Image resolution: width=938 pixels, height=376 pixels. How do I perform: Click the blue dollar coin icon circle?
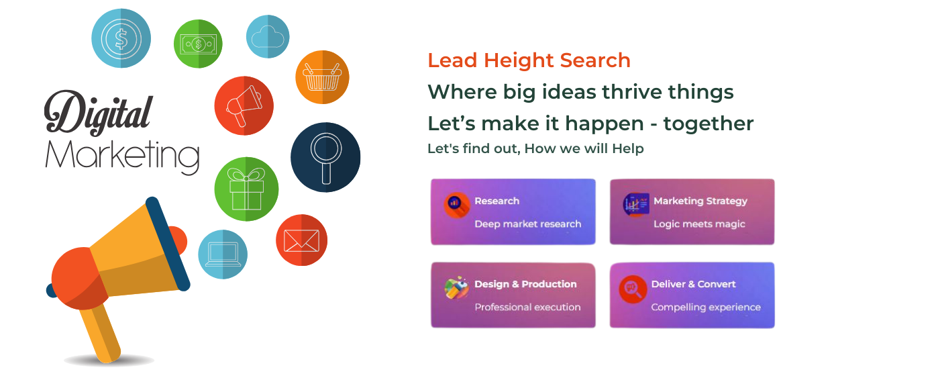click(121, 38)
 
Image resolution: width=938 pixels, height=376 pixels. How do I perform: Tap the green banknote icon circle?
click(198, 44)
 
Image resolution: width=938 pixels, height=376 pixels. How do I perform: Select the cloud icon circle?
click(268, 36)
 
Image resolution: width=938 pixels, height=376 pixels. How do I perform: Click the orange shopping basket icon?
click(322, 77)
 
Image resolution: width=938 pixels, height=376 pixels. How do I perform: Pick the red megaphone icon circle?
click(244, 105)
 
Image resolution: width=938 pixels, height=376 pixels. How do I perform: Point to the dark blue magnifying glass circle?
click(325, 157)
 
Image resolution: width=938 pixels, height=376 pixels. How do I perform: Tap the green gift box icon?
click(246, 189)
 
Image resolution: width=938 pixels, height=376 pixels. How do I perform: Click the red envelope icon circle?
click(301, 240)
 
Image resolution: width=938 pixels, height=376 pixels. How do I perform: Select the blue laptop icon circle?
click(223, 254)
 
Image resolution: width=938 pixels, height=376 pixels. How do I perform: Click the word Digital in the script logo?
click(99, 112)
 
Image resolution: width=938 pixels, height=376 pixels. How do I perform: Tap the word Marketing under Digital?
click(122, 156)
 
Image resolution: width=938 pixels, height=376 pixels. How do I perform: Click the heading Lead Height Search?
click(529, 60)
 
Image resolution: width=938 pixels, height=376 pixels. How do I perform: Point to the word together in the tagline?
click(708, 124)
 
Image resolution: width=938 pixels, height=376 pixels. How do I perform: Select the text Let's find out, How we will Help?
click(535, 148)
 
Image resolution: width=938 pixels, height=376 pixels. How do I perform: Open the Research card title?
click(497, 201)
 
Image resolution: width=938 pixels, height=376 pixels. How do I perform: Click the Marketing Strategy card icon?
click(635, 205)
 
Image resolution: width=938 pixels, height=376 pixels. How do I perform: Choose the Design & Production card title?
click(525, 284)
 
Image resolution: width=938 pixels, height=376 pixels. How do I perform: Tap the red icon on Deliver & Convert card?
click(633, 289)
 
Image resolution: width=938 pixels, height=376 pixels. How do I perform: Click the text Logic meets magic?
click(699, 224)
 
